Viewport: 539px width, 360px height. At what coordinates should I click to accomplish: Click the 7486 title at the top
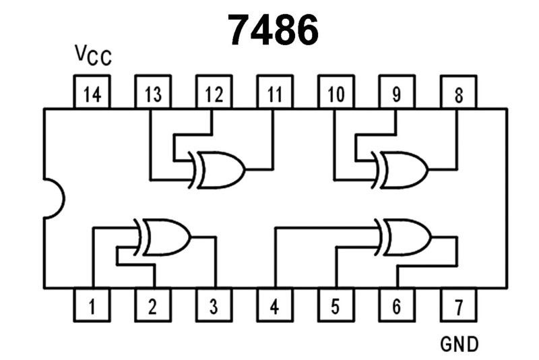coord(273,30)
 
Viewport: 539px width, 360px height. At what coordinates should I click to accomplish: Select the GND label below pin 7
coord(459,344)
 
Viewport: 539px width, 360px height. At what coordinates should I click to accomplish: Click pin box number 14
coord(92,94)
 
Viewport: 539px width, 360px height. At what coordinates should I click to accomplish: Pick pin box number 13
coord(153,94)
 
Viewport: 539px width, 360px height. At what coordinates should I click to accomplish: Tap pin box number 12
coord(214,94)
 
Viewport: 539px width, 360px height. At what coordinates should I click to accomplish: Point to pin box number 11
coord(274,94)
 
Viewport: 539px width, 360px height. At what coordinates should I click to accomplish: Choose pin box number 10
coord(335,94)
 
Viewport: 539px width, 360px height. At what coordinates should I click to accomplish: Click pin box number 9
coord(395,94)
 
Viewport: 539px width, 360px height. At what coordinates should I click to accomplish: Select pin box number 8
coord(458,94)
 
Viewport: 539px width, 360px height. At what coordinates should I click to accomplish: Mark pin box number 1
coord(92,307)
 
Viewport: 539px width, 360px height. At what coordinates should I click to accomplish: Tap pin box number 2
coord(153,307)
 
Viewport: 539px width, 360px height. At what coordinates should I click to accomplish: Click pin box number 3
coord(214,307)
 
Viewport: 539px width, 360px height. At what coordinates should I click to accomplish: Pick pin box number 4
coord(274,307)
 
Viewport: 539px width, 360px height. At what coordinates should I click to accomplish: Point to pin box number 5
coord(335,307)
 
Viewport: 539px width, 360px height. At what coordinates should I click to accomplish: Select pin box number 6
coord(395,307)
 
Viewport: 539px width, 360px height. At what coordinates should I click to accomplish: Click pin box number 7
coord(458,307)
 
